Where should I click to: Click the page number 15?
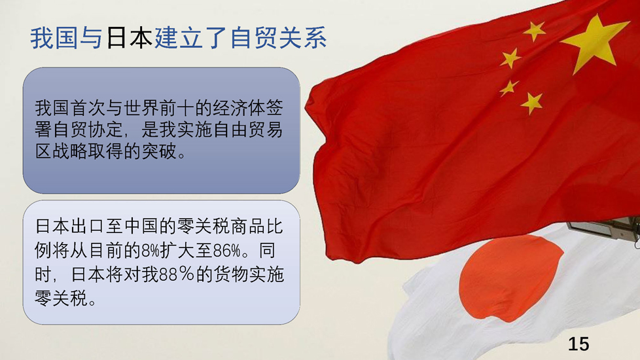(x=578, y=344)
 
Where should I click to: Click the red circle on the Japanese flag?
(x=511, y=278)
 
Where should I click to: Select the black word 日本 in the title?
(x=129, y=38)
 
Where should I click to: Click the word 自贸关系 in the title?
(x=279, y=38)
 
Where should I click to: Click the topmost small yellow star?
(x=534, y=31)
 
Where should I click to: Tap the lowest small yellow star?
(x=532, y=103)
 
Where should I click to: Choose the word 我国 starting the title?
(x=54, y=38)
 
